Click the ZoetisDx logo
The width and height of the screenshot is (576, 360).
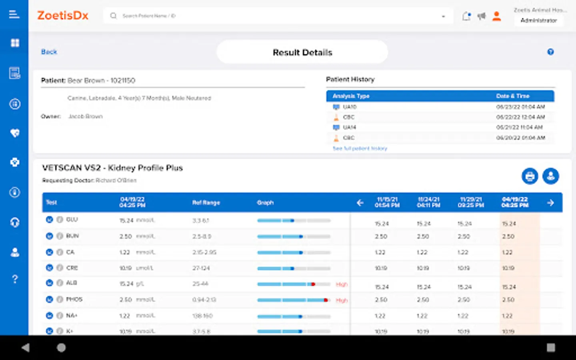(63, 16)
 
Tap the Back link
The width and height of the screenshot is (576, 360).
(49, 52)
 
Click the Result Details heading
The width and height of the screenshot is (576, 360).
(302, 52)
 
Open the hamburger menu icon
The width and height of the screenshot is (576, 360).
(14, 15)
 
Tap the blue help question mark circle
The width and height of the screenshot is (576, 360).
(550, 52)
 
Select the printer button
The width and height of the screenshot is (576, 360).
(530, 176)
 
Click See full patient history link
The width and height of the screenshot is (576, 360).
(360, 148)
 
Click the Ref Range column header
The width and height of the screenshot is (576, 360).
(206, 203)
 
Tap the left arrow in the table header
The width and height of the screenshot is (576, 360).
(360, 203)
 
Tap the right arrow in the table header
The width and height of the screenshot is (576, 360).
(550, 203)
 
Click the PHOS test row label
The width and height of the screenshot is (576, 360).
(74, 299)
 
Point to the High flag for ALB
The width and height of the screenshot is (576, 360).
(342, 284)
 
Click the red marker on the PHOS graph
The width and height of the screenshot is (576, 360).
(326, 300)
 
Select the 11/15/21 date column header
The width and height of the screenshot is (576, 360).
(387, 202)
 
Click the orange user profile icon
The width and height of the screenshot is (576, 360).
(496, 16)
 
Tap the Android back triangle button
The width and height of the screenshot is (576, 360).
(26, 348)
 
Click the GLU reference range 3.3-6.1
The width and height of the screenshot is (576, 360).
(200, 220)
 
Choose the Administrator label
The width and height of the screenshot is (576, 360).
(538, 20)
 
